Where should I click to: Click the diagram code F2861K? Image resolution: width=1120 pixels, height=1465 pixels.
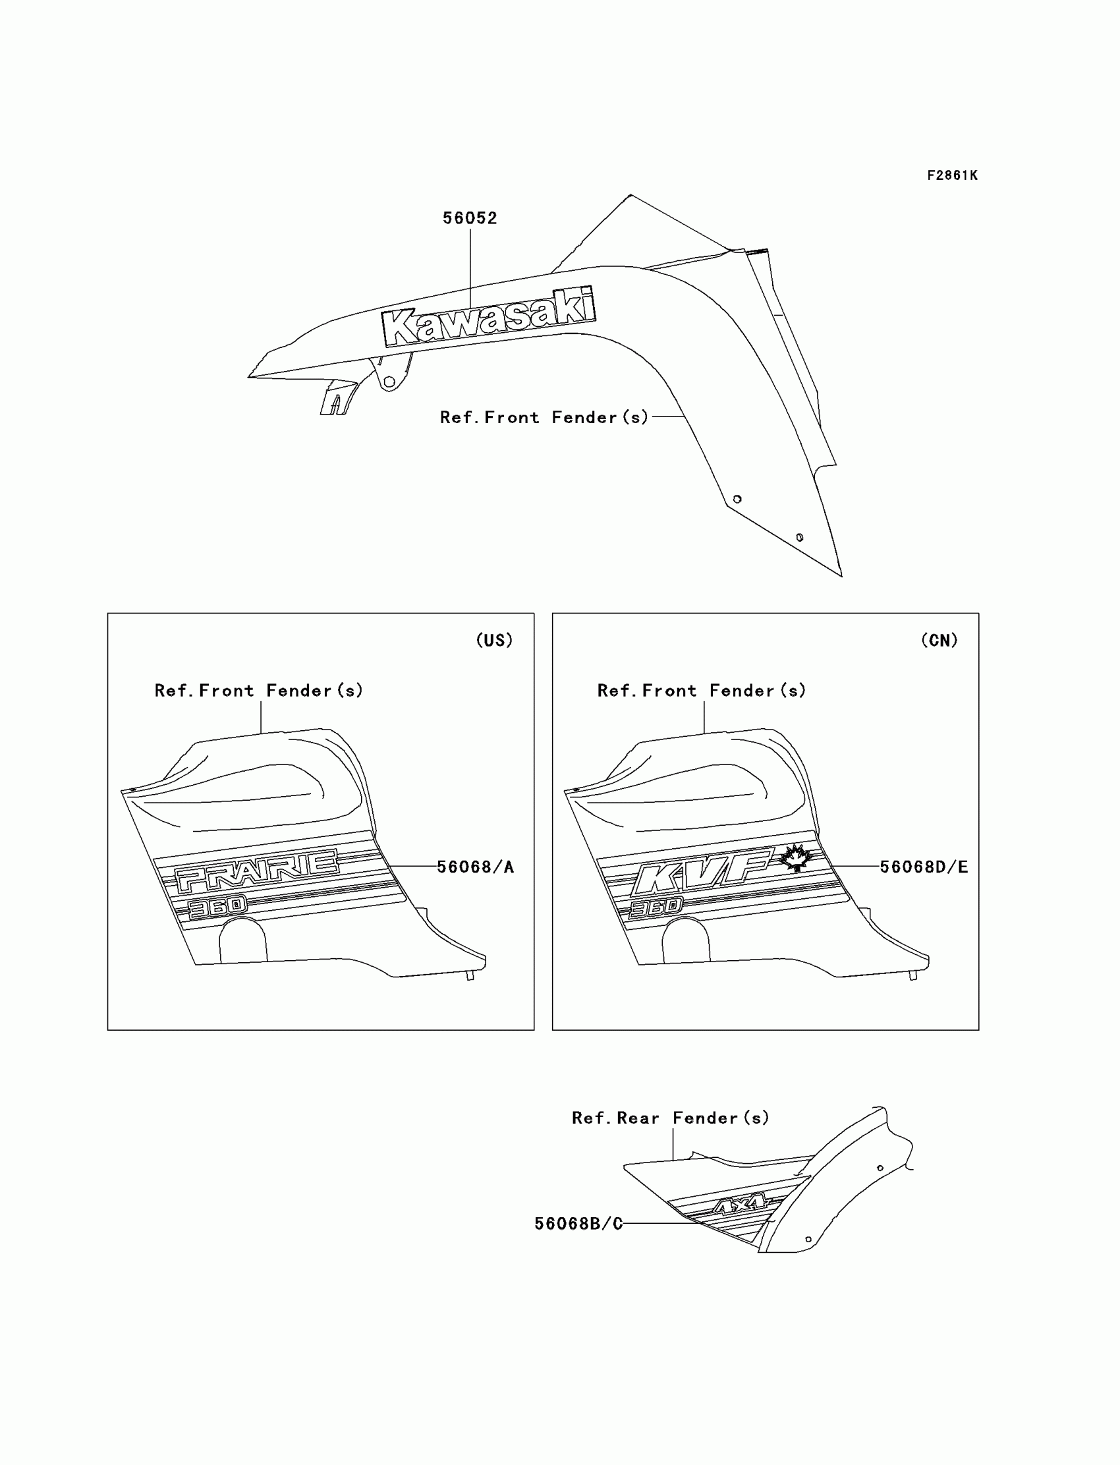tap(952, 175)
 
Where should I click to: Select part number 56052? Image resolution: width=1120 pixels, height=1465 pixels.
tap(470, 218)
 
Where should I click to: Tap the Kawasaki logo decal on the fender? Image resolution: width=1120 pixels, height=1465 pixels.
tap(489, 318)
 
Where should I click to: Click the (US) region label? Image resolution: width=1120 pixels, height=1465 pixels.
tap(494, 640)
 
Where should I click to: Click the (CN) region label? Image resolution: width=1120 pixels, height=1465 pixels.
tap(939, 640)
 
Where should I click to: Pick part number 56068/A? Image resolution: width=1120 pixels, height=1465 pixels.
tap(475, 867)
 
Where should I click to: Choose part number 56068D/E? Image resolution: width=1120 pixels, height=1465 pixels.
tap(923, 867)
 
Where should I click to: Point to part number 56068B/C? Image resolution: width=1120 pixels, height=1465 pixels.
tap(578, 1224)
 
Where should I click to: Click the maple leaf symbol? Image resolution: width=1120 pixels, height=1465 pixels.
tap(795, 857)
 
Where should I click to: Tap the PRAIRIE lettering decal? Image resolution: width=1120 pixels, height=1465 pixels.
tap(257, 870)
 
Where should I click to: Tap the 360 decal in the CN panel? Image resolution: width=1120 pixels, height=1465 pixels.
tap(656, 907)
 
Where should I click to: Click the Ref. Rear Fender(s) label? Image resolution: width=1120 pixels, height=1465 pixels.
tap(670, 1118)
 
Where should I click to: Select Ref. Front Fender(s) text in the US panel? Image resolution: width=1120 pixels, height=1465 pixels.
tap(259, 691)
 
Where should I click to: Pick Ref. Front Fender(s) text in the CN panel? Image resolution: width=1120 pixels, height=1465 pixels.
tap(702, 691)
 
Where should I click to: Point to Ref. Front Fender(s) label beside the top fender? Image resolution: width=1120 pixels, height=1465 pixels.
tap(544, 417)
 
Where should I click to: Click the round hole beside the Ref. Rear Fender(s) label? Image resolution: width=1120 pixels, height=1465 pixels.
tap(880, 1168)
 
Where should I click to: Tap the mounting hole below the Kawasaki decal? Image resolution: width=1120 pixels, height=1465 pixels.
tap(389, 382)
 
